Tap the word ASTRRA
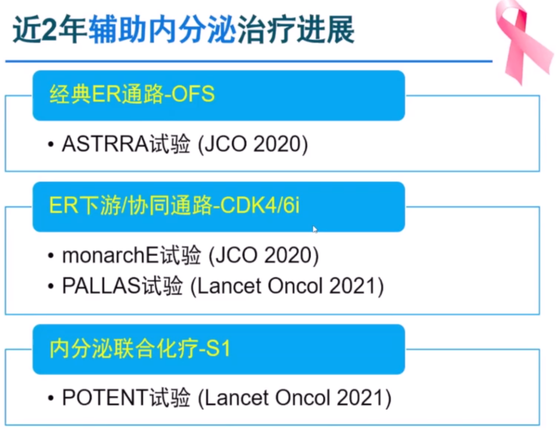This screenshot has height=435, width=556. point(106,144)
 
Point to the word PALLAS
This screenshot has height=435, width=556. point(101,286)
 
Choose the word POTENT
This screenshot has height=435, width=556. point(105,397)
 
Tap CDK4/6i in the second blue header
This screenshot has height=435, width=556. point(259,205)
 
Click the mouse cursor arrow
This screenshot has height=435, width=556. point(315,229)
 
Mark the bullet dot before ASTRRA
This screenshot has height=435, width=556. point(50,145)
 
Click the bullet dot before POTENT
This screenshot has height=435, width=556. point(50,398)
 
